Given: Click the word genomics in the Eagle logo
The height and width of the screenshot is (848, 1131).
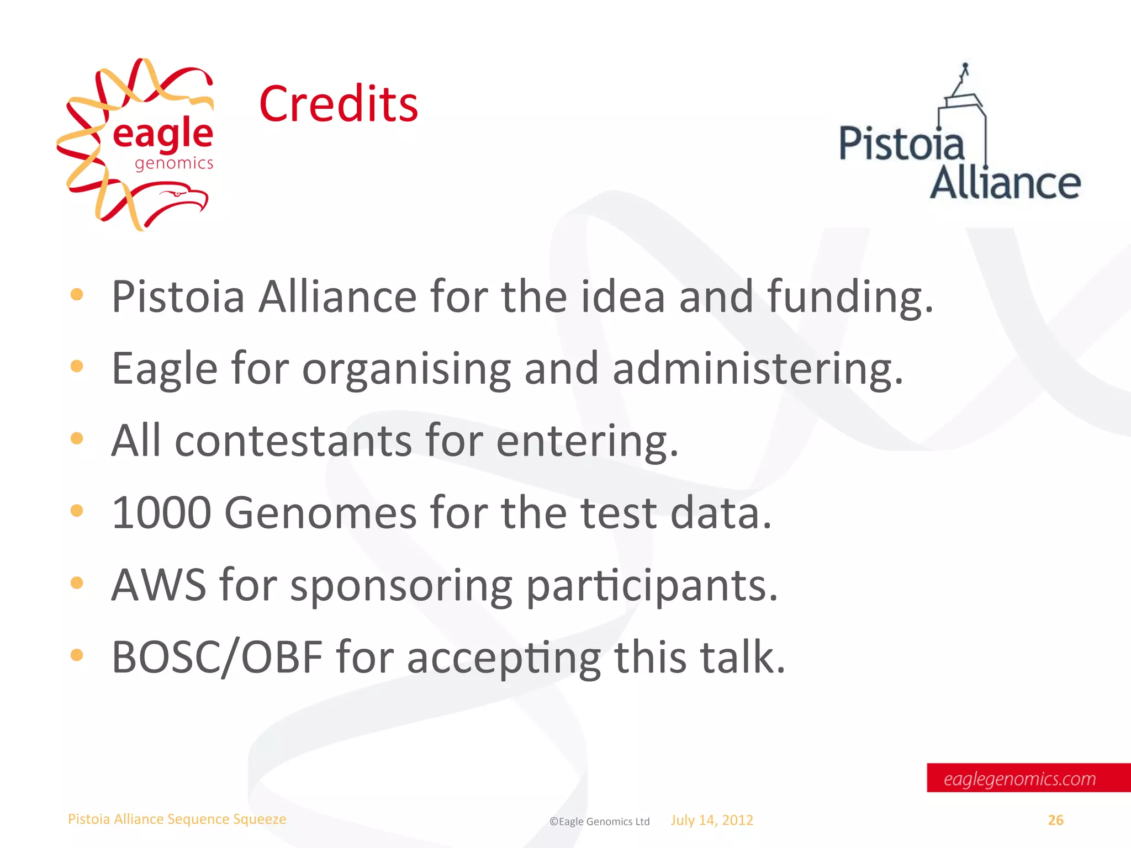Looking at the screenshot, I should (174, 163).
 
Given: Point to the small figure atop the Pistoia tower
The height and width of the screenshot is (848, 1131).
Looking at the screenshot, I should (965, 70).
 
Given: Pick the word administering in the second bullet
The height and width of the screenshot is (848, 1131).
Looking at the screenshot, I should (757, 369).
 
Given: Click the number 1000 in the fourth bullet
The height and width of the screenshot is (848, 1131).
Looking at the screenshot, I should (161, 513).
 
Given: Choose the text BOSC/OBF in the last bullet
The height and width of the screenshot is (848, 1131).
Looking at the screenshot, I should (217, 657).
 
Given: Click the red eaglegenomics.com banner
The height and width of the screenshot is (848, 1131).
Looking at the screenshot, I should (1028, 778).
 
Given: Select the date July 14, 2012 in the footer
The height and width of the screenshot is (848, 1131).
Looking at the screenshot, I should (712, 820).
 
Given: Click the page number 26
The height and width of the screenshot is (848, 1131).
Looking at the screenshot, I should (1055, 820).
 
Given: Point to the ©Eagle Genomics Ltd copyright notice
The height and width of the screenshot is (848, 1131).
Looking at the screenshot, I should (599, 821).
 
